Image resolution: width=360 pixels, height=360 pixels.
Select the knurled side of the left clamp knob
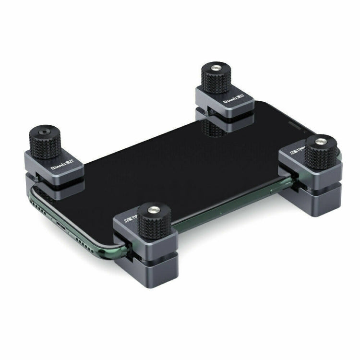(x=43, y=147)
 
